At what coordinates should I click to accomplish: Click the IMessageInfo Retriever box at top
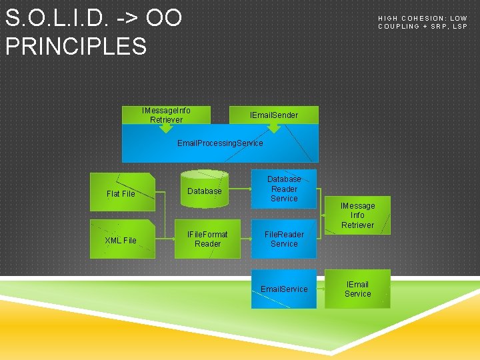pyautogui.click(x=166, y=115)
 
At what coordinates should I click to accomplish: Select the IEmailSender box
pyautogui.click(x=274, y=115)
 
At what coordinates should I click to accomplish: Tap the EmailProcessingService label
pyautogui.click(x=220, y=143)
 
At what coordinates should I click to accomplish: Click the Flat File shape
pyautogui.click(x=122, y=193)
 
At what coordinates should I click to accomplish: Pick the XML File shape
pyautogui.click(x=122, y=240)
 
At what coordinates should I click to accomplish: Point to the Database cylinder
pyautogui.click(x=205, y=189)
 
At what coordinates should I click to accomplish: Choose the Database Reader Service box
pyautogui.click(x=284, y=189)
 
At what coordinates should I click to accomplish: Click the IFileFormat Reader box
pyautogui.click(x=207, y=239)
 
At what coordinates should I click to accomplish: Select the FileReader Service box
pyautogui.click(x=284, y=239)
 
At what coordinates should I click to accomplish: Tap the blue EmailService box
pyautogui.click(x=284, y=289)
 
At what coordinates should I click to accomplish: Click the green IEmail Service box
pyautogui.click(x=357, y=289)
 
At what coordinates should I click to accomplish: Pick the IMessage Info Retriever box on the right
pyautogui.click(x=357, y=215)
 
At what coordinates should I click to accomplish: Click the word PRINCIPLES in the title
pyautogui.click(x=76, y=46)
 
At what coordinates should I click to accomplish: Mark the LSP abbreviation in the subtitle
pyautogui.click(x=460, y=27)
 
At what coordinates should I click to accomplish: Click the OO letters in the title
pyautogui.click(x=164, y=18)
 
